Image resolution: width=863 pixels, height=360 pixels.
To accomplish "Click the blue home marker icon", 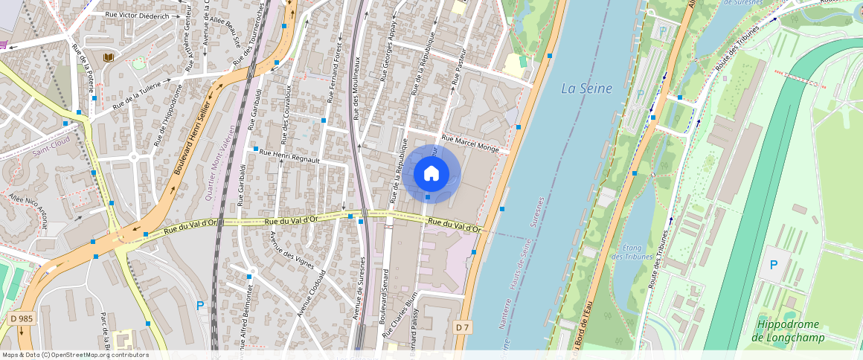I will click(431, 174).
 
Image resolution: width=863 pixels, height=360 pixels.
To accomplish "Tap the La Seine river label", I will click(586, 89).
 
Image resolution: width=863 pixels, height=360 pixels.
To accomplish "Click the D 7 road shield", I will click(462, 327).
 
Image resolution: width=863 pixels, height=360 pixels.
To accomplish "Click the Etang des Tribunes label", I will click(631, 252).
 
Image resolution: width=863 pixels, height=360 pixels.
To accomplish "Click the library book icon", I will click(109, 57).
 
